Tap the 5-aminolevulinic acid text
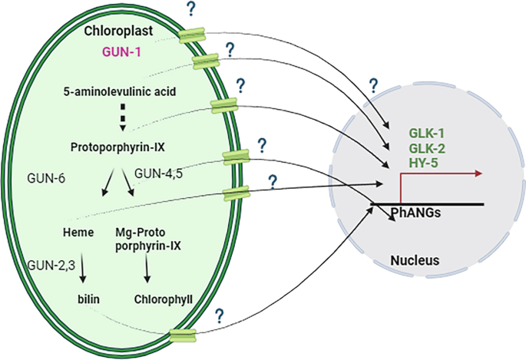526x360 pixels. pyautogui.click(x=120, y=91)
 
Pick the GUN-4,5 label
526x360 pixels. pyautogui.click(x=158, y=174)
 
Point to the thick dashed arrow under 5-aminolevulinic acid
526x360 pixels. pyautogui.click(x=121, y=119)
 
